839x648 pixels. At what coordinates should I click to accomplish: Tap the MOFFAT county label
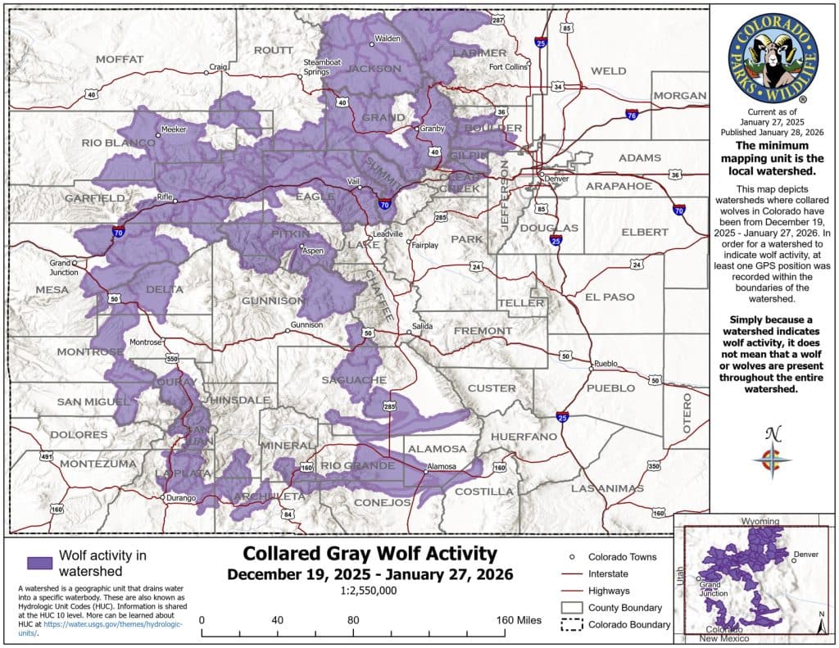coord(120,59)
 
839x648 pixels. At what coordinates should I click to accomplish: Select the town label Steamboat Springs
coord(316,67)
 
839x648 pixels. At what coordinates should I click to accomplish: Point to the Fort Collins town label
coord(508,67)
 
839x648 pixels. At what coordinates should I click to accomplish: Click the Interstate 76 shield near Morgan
coord(632,116)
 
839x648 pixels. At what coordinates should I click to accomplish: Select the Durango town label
coord(180,498)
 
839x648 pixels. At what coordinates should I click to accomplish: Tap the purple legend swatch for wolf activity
coord(39,564)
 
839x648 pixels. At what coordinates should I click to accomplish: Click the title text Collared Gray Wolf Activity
coord(370,553)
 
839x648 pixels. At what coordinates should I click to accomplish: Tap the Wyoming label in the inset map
coord(760,521)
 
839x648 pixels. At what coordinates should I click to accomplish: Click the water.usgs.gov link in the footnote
coord(114,624)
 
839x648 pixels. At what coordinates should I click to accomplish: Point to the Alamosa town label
coord(443,469)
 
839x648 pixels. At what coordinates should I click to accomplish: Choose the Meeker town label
coord(174,129)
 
